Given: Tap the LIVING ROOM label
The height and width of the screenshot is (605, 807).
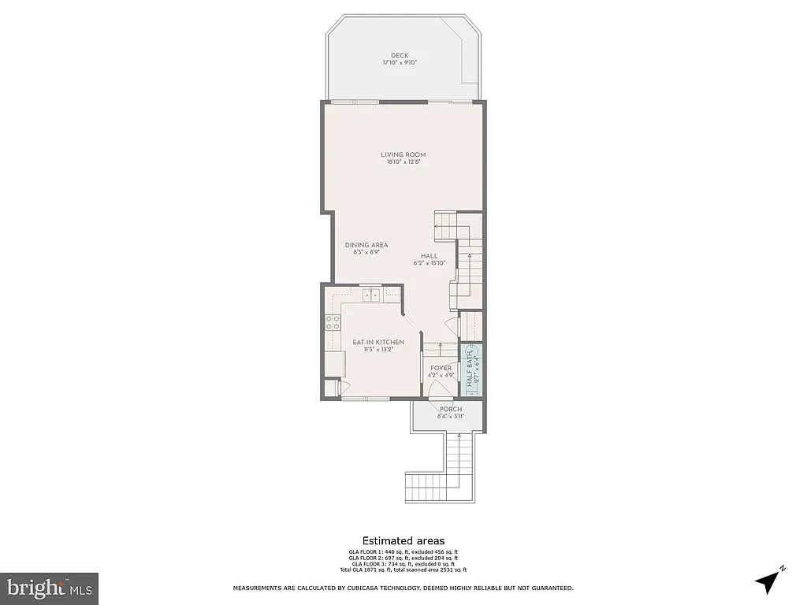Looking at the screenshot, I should coord(403,154).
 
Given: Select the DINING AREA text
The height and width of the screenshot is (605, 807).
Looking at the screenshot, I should coord(366,245).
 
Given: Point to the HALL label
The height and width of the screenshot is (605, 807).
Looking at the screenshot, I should coord(430,255).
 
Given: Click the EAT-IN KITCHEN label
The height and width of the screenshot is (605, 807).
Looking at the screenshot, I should coord(378,342).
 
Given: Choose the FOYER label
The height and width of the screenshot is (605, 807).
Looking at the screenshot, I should coord(441,368).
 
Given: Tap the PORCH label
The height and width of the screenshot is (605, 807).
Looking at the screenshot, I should coord(451,409).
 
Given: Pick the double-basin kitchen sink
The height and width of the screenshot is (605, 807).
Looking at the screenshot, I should coord(372,295).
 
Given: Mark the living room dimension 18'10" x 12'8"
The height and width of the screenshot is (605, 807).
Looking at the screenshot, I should coord(403,162).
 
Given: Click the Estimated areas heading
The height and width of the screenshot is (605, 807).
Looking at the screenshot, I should coord(403,540).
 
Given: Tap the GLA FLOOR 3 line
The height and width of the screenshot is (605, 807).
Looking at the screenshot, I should coord(403,563).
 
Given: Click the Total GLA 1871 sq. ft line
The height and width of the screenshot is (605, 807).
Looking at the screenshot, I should coord(403,570).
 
